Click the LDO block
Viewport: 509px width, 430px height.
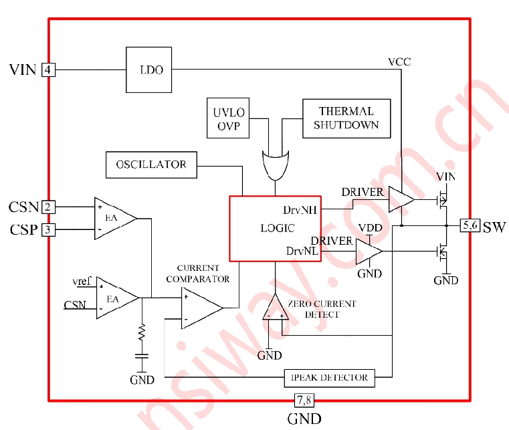148,70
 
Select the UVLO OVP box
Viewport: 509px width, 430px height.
228,118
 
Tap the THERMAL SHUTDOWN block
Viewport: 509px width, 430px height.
346,118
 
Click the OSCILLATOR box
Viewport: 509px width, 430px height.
151,165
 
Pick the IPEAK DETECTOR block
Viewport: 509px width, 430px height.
330,378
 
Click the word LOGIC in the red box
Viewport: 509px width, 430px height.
278,228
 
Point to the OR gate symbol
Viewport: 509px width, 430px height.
276,165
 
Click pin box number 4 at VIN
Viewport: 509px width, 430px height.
48,70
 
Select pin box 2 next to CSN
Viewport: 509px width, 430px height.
48,207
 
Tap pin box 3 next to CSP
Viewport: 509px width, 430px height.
48,230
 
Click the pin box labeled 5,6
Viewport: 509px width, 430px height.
470,225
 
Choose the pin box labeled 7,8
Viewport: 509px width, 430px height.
304,400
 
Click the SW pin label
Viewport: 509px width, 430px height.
494,227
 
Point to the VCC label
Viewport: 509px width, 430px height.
399,62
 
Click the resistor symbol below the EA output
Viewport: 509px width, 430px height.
142,332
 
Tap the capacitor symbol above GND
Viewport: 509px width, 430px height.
142,356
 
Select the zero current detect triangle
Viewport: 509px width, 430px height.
276,307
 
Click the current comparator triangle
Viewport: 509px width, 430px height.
202,308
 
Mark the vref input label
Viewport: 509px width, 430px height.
82,281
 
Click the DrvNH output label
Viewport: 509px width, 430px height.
300,210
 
